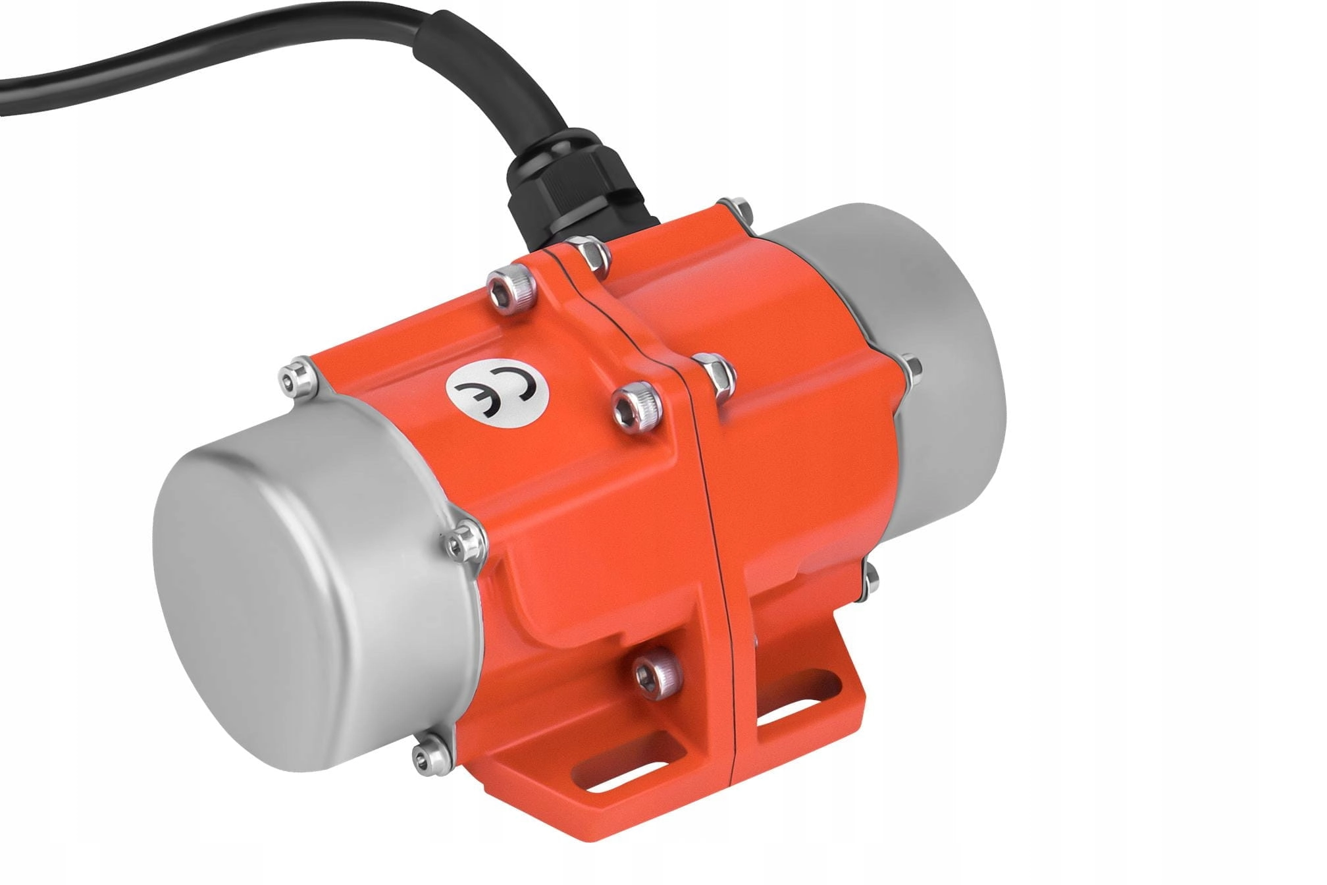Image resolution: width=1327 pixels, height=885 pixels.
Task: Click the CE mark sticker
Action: pyautogui.click(x=496, y=394)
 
